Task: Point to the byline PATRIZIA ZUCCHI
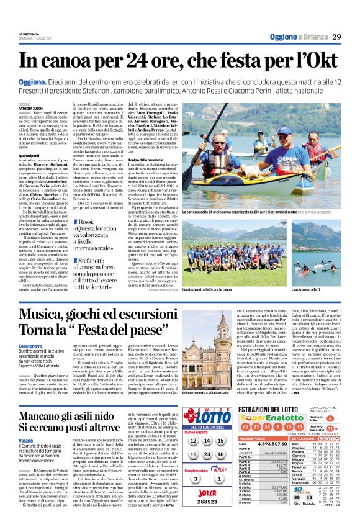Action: coord(31,109)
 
